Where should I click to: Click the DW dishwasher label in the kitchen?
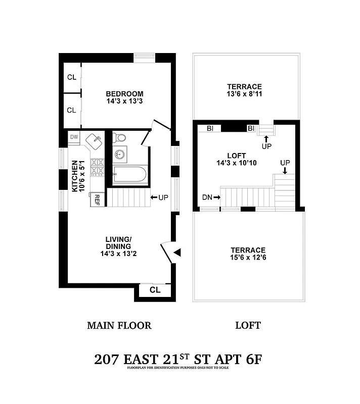[x=74, y=137]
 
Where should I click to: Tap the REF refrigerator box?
[x=95, y=200]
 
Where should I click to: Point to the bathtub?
[x=129, y=175]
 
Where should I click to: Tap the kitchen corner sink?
[x=94, y=140]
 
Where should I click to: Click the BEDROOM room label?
[x=124, y=94]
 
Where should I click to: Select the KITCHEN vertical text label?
[x=75, y=176]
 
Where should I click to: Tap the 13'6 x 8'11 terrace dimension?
[x=244, y=94]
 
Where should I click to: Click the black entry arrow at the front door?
[x=176, y=251]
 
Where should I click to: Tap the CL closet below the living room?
[x=156, y=290]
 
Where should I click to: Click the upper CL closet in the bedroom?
[x=72, y=78]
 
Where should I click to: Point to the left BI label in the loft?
[x=210, y=128]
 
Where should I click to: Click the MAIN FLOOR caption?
[x=119, y=325]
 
